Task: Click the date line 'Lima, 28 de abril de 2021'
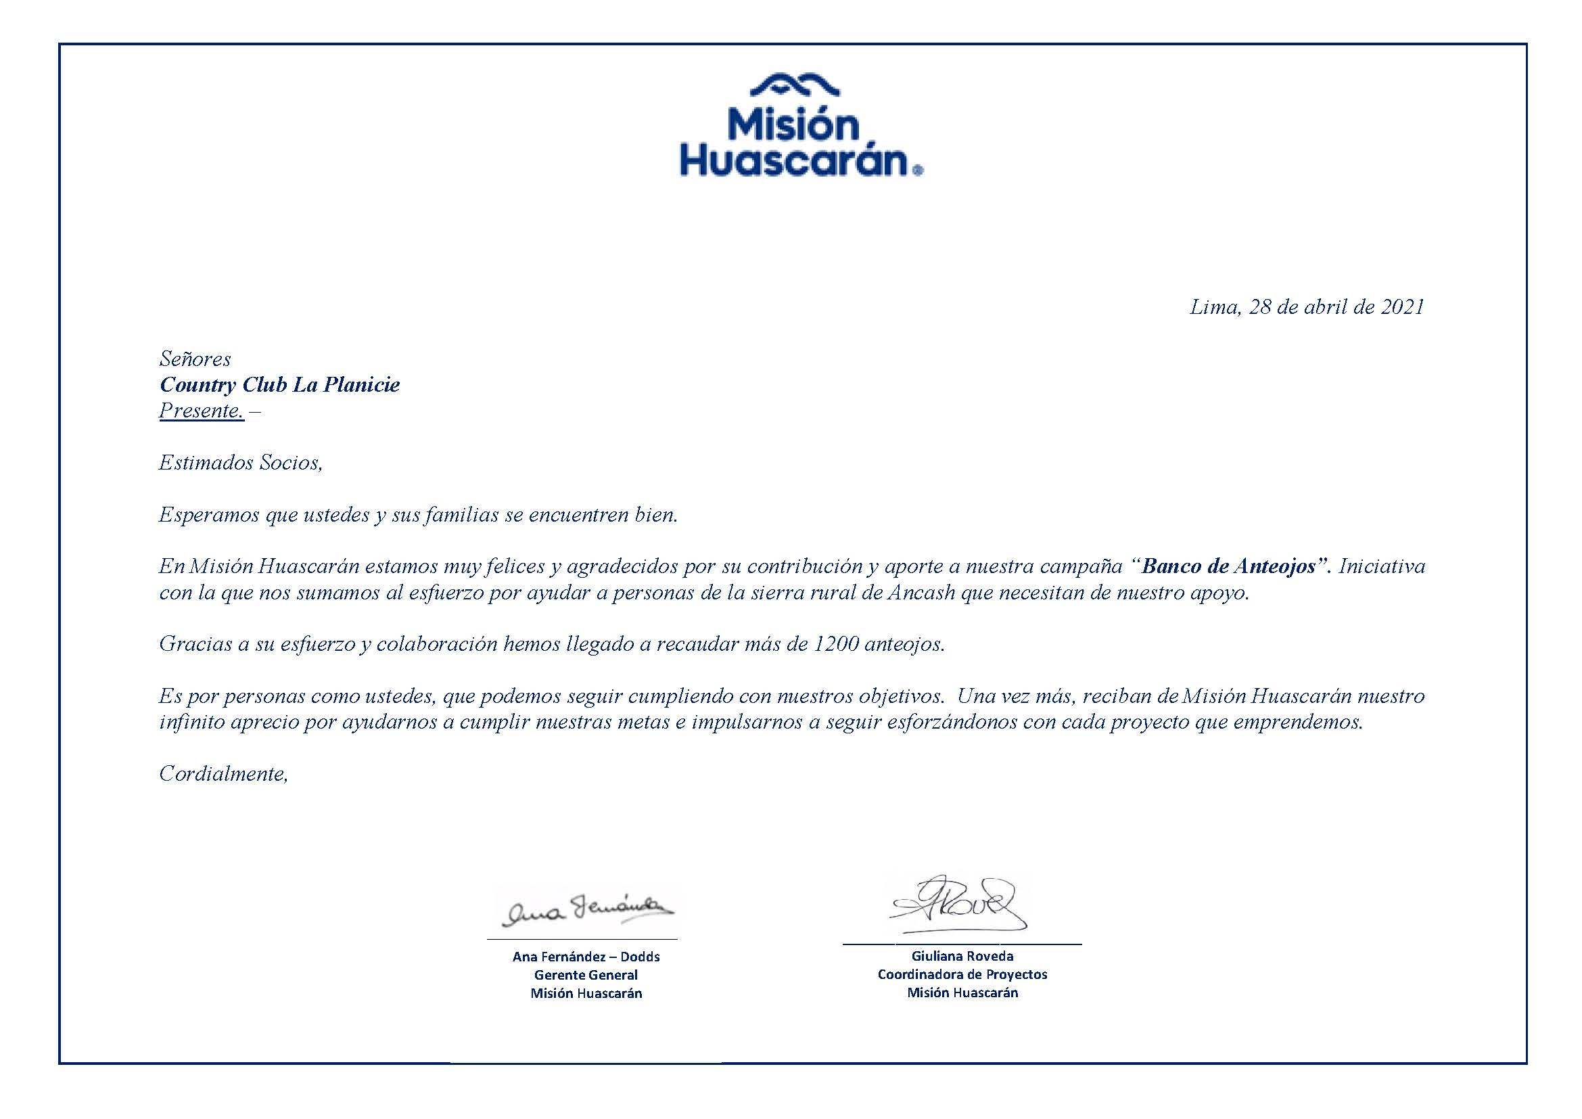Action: point(1307,307)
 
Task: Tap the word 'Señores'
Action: point(195,359)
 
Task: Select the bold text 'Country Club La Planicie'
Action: point(279,384)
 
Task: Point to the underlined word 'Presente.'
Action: point(201,411)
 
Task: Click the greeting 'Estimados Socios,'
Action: point(241,462)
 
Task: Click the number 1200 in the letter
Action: point(836,643)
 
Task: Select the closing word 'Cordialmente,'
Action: point(223,774)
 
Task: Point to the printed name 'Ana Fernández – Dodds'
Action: point(586,957)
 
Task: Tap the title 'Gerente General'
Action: point(586,975)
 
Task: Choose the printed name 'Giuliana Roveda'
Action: point(962,956)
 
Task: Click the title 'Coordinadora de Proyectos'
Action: point(962,974)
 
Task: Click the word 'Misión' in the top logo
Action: point(795,125)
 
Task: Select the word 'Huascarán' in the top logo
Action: point(796,161)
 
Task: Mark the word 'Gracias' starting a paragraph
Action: point(195,643)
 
